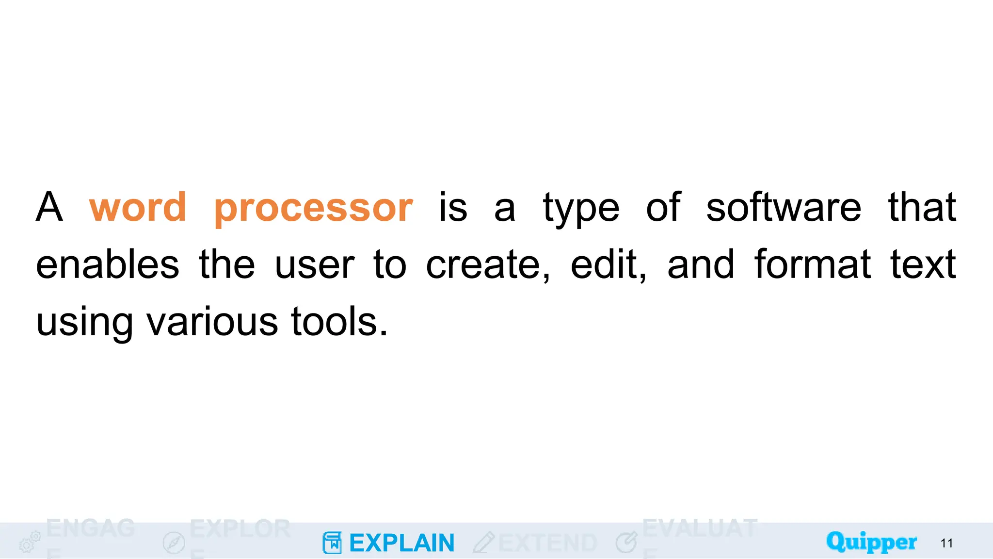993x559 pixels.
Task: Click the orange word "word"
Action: tap(138, 208)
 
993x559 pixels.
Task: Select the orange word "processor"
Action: tap(314, 209)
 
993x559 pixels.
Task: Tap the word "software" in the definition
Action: tap(784, 208)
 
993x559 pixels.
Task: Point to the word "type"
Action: tap(581, 210)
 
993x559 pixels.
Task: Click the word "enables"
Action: tap(108, 265)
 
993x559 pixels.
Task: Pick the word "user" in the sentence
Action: tap(315, 266)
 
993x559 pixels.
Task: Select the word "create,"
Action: tap(488, 265)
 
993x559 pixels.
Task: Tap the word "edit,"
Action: tap(609, 265)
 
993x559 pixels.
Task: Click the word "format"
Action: tap(813, 265)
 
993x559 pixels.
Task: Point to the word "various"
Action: tap(212, 322)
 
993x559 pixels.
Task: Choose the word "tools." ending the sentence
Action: tap(339, 322)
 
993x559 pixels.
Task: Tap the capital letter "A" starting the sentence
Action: tap(49, 208)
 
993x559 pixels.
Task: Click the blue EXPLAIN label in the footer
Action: tap(401, 543)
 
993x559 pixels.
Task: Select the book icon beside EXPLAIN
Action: tap(332, 543)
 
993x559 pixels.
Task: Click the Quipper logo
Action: tap(871, 542)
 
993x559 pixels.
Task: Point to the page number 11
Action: tap(946, 543)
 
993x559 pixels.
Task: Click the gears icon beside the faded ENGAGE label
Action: tap(30, 542)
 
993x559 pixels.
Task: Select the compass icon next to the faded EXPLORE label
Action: tap(174, 543)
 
